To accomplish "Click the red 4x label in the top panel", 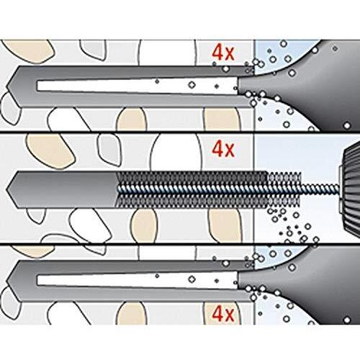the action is tap(222, 53).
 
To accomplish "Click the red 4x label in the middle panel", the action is tap(222, 149).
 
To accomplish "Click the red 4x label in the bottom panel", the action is tap(222, 314).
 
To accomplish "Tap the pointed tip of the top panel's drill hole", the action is tap(6, 87).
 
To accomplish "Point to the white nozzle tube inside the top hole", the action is tap(137, 86).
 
